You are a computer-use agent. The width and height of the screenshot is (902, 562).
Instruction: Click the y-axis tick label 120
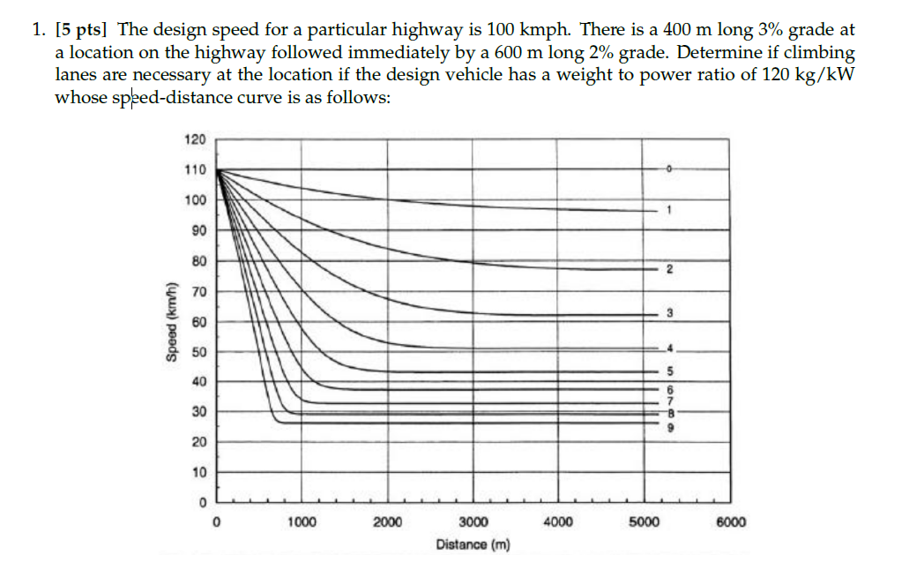(x=195, y=139)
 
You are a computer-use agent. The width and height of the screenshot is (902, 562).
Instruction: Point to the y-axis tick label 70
(x=198, y=291)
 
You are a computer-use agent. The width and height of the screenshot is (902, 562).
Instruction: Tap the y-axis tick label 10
(x=198, y=473)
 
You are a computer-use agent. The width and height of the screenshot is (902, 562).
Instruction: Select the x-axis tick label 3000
(x=473, y=521)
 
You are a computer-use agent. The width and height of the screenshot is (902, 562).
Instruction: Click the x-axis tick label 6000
(x=731, y=521)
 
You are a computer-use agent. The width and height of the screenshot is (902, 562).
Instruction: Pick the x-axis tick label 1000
(x=302, y=521)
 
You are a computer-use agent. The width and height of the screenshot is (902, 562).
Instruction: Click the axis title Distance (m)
(x=473, y=544)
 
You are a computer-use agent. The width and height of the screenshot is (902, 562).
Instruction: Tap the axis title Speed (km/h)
(x=169, y=321)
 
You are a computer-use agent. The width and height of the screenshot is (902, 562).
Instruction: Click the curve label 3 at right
(x=669, y=313)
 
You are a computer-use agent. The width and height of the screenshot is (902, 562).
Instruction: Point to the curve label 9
(x=669, y=427)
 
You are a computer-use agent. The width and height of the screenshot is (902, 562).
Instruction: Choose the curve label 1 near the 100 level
(x=669, y=210)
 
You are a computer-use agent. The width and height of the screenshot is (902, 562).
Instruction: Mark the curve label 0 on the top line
(x=669, y=168)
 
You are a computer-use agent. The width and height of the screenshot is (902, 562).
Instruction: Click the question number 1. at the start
(x=40, y=30)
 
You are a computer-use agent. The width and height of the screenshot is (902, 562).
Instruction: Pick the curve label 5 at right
(x=669, y=371)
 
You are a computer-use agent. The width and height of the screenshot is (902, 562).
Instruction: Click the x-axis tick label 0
(x=217, y=521)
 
